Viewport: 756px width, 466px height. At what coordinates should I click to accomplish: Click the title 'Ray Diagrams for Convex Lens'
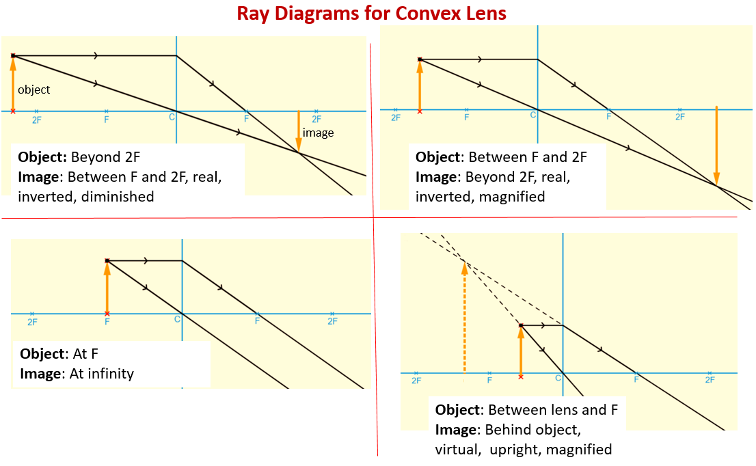[371, 14]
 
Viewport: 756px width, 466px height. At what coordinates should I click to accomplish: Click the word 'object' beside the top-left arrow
[33, 90]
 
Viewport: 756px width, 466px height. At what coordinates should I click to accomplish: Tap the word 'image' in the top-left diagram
[318, 133]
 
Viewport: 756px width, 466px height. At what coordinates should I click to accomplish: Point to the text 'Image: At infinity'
[77, 373]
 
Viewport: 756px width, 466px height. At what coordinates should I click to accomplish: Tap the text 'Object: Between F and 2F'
[501, 156]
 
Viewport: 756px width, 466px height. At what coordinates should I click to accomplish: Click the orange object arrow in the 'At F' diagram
[107, 287]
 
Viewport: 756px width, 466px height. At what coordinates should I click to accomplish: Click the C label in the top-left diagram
[172, 118]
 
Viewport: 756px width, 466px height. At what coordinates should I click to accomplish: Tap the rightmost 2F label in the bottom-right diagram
[710, 380]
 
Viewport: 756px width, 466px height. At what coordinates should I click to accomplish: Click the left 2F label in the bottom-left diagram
[32, 321]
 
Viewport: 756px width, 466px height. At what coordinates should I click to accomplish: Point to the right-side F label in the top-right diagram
[608, 117]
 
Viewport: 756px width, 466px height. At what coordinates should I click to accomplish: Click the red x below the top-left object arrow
[13, 111]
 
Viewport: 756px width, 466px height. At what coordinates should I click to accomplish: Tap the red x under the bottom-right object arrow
[521, 376]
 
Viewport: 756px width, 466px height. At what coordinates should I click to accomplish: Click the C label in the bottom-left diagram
[178, 319]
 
